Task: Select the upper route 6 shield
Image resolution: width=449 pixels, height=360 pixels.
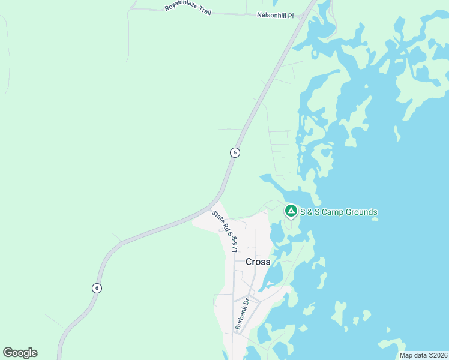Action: [235, 152]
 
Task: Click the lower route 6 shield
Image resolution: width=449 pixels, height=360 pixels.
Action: [97, 288]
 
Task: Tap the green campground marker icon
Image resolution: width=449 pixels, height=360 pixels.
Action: [291, 211]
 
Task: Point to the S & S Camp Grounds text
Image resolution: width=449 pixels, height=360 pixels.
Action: [339, 212]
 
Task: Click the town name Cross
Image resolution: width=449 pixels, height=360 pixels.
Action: [258, 262]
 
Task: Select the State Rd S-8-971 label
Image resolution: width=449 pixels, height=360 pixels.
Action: [226, 231]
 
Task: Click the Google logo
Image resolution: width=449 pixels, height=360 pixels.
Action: [20, 353]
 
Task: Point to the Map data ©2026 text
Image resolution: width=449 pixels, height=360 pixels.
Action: [424, 355]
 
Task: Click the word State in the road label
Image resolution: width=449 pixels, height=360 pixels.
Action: [217, 215]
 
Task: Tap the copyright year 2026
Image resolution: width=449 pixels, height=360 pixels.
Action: [439, 355]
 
